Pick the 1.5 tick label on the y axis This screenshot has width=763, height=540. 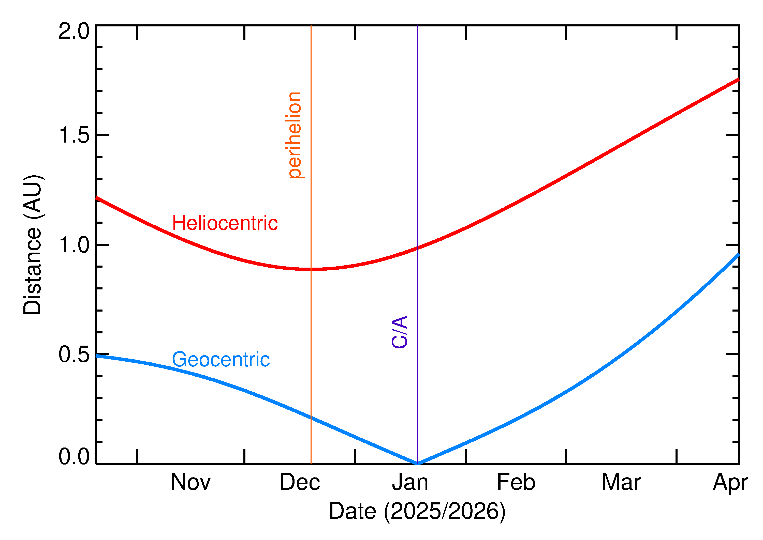(74, 135)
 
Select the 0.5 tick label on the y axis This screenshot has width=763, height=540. (74, 354)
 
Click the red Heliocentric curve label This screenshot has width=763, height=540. (225, 223)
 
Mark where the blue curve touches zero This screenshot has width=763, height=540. (417, 464)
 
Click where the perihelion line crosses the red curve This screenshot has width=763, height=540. (311, 269)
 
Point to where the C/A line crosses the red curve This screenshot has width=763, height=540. (417, 248)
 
